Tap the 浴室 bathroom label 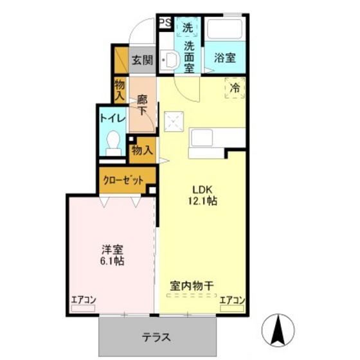(x=224, y=57)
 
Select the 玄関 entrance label (x=142, y=60)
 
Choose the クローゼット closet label (x=124, y=181)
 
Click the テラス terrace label (x=156, y=337)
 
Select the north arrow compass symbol (x=278, y=328)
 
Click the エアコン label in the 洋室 (x=84, y=300)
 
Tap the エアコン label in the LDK (x=232, y=300)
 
